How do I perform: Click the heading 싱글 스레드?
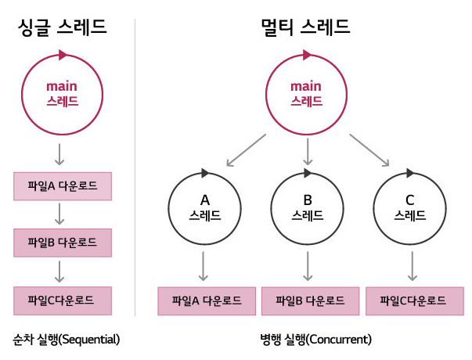[x=62, y=29]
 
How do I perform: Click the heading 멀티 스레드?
[x=305, y=29]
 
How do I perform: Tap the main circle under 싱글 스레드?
[x=63, y=94]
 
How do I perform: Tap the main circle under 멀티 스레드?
[x=307, y=94]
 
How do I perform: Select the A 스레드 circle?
[x=204, y=207]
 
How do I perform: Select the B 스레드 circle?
[x=307, y=207]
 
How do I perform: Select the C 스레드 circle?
[x=410, y=207]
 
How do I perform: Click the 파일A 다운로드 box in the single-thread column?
[x=63, y=186]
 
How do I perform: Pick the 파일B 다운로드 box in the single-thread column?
[x=63, y=243]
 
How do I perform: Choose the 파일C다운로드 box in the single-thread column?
[x=63, y=301]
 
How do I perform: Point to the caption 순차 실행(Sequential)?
[x=66, y=340]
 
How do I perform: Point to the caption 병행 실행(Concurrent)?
[x=315, y=340]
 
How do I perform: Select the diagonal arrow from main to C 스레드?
[x=369, y=150]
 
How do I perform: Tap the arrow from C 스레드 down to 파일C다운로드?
[x=410, y=266]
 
